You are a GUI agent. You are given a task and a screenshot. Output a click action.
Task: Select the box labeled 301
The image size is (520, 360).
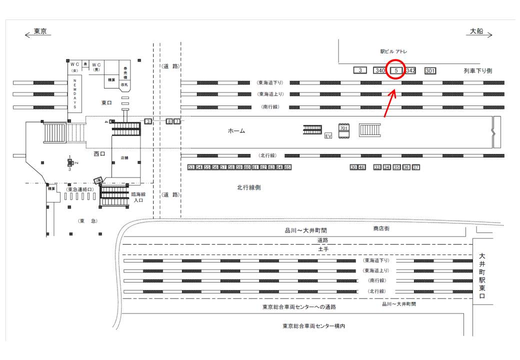(429, 70)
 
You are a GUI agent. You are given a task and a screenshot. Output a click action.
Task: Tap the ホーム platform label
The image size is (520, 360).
(236, 131)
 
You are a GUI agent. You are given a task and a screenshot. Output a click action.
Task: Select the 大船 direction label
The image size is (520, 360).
(476, 31)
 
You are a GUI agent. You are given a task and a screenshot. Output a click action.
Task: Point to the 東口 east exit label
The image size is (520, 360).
(107, 102)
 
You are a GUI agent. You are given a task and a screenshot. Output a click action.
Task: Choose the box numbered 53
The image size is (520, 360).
(191, 167)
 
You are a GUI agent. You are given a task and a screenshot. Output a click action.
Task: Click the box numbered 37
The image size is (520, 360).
(415, 167)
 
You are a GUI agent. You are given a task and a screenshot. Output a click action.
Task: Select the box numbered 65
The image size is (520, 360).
(287, 167)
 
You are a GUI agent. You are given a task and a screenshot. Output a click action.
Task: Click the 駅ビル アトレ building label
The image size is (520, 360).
(394, 51)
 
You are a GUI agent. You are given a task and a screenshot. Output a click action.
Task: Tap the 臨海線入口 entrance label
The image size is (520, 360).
(138, 197)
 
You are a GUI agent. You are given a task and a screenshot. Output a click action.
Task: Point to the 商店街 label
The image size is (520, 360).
(381, 228)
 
